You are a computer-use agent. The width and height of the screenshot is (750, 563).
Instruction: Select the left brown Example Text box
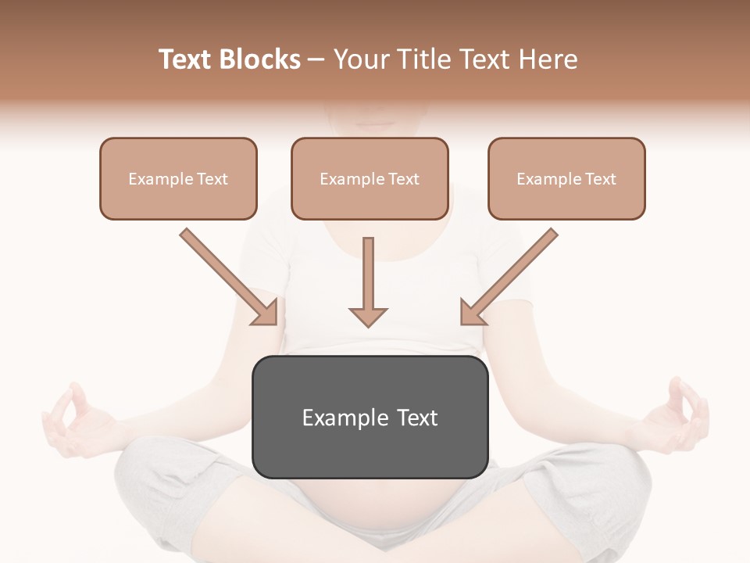(178, 178)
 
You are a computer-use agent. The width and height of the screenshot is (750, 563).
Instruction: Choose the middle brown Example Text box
(370, 178)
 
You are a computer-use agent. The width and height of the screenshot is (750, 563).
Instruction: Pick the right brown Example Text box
(566, 178)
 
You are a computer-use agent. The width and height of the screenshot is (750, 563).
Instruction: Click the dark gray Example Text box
(370, 417)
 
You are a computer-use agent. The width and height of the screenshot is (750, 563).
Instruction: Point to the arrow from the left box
(227, 274)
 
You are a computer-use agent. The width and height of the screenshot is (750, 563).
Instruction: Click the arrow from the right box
(511, 274)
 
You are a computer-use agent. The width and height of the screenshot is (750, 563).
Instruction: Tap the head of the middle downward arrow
(368, 316)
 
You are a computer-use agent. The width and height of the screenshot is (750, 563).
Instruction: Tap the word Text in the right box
(600, 179)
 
